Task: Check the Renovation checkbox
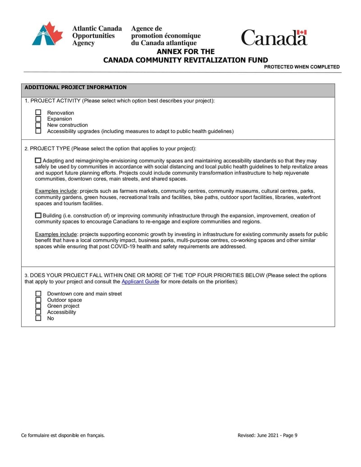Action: [x=38, y=113]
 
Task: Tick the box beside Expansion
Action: [x=38, y=119]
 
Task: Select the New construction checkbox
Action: [x=38, y=125]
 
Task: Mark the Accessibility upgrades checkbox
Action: [x=38, y=131]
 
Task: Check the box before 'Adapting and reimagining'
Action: [x=38, y=161]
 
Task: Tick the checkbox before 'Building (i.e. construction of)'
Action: [x=38, y=216]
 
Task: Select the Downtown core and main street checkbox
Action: [x=38, y=294]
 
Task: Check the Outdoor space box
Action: [x=38, y=300]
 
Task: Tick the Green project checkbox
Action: [x=38, y=306]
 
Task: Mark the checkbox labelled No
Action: [x=38, y=318]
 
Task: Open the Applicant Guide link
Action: [x=140, y=282]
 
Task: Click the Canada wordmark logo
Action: [x=274, y=37]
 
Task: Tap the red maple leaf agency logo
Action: [x=47, y=34]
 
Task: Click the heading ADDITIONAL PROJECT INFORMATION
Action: [x=75, y=88]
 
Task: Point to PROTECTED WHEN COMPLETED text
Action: [x=301, y=67]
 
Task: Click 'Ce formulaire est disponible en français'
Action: [x=63, y=435]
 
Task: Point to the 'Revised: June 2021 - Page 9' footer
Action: [x=267, y=435]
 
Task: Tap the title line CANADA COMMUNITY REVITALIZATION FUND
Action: [x=185, y=60]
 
